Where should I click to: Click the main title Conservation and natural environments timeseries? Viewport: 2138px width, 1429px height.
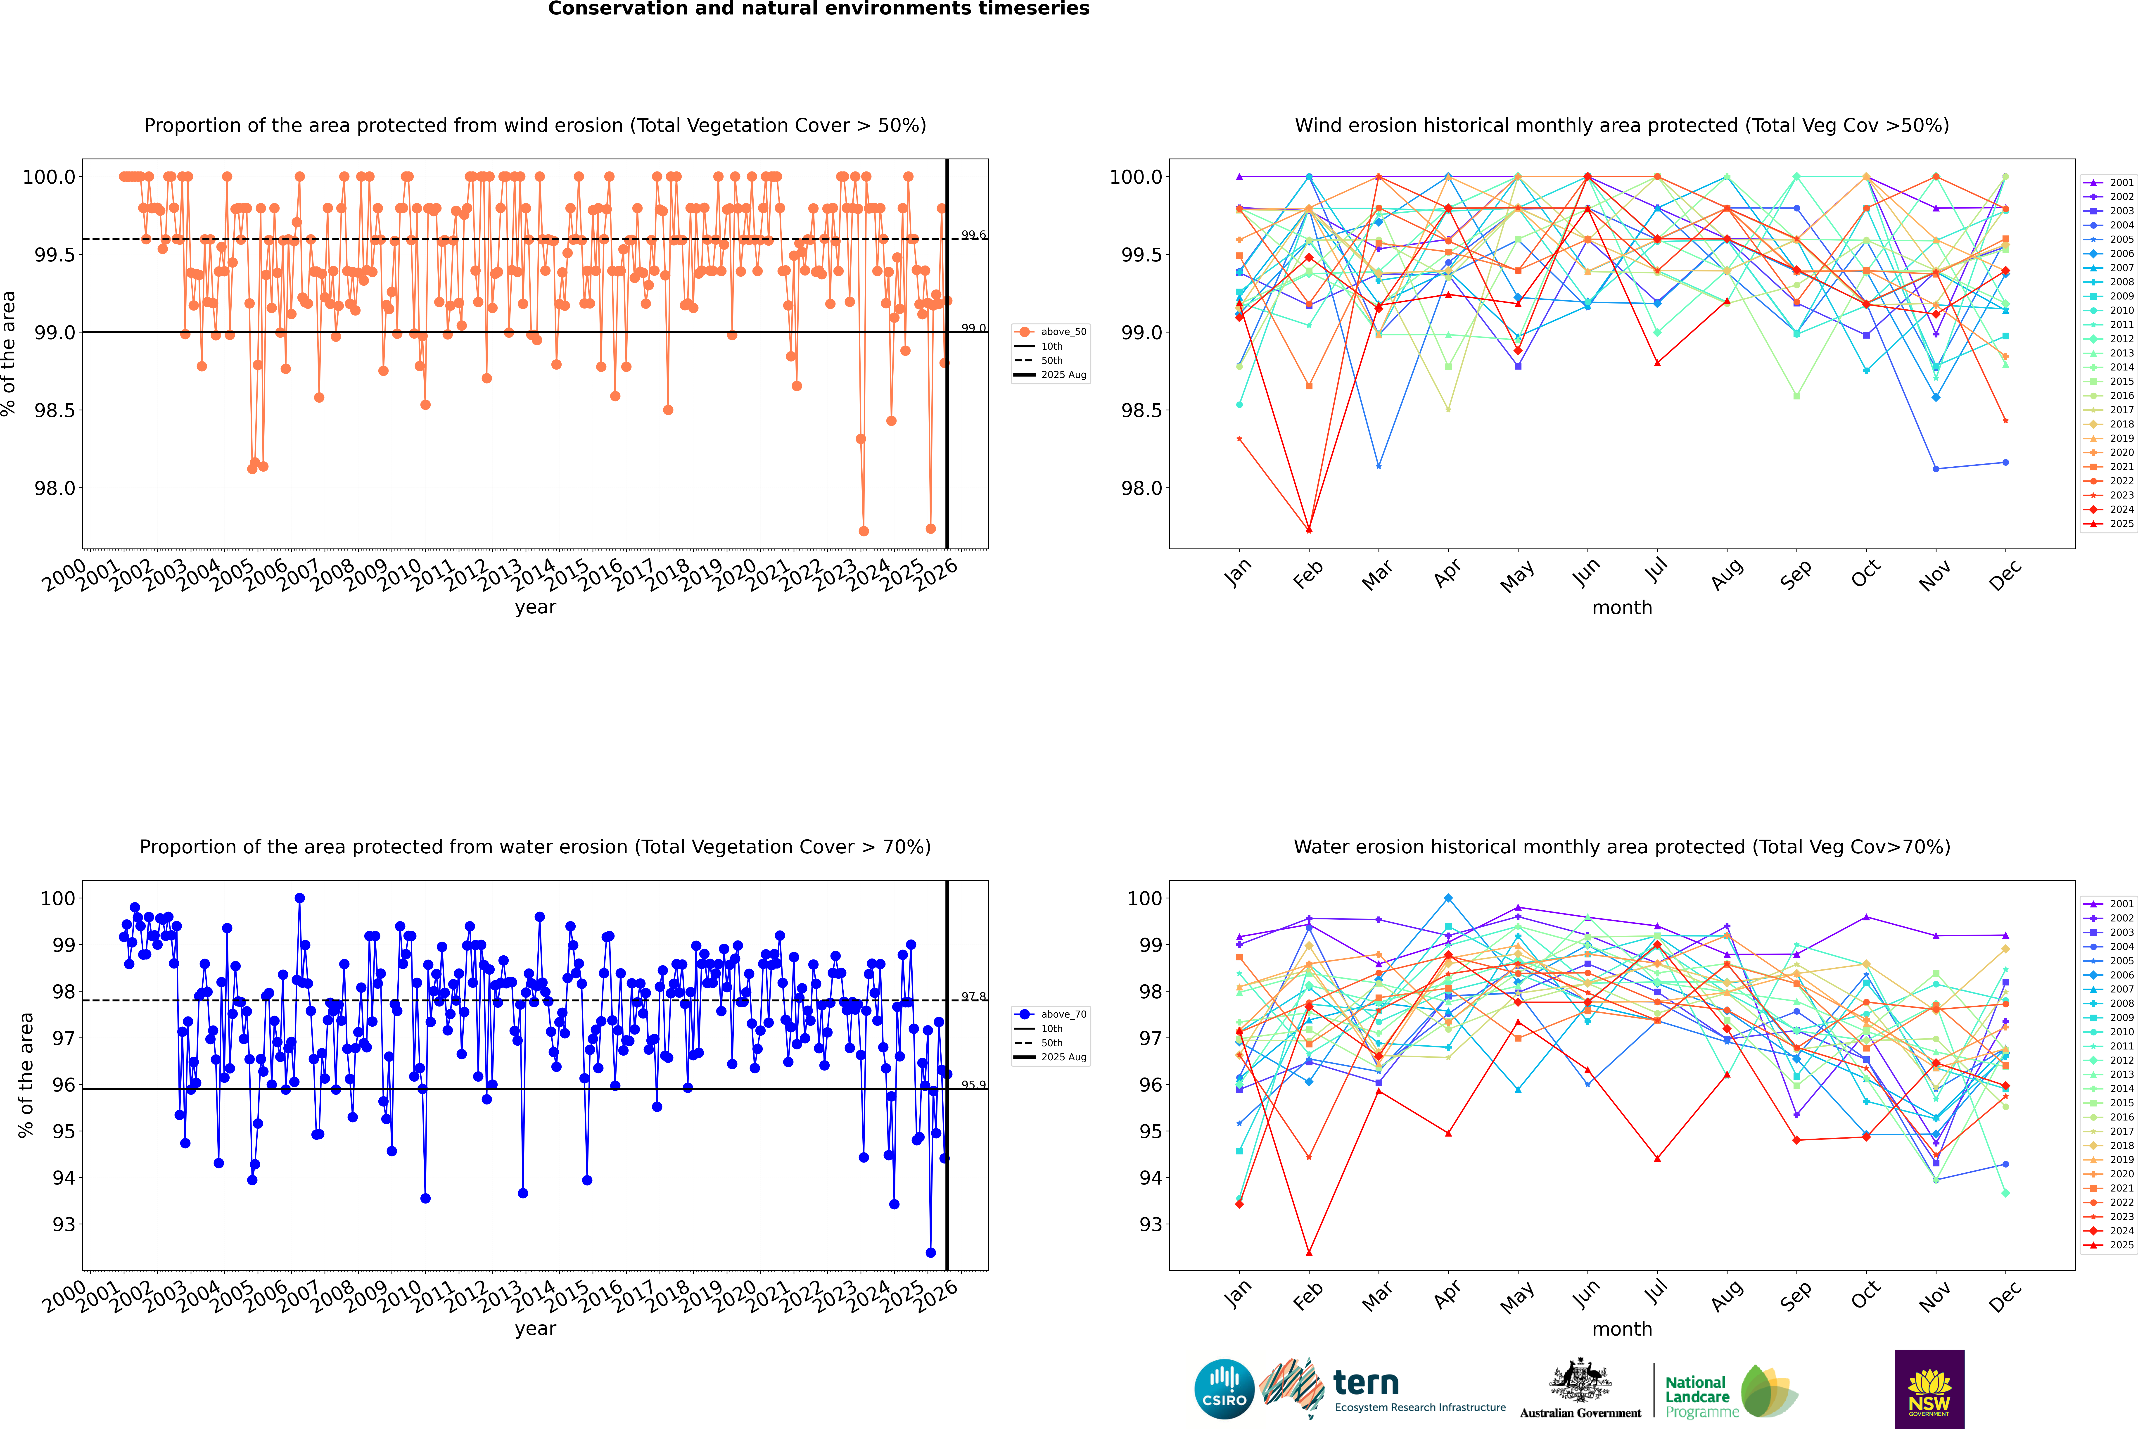(x=818, y=9)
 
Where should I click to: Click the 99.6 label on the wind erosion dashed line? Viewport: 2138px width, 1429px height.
(x=973, y=235)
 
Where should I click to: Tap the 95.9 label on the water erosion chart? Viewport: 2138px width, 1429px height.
(x=973, y=1085)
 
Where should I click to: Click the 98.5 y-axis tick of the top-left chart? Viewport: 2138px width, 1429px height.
(x=55, y=410)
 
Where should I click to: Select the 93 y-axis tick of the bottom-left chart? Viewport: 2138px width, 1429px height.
(x=64, y=1224)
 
